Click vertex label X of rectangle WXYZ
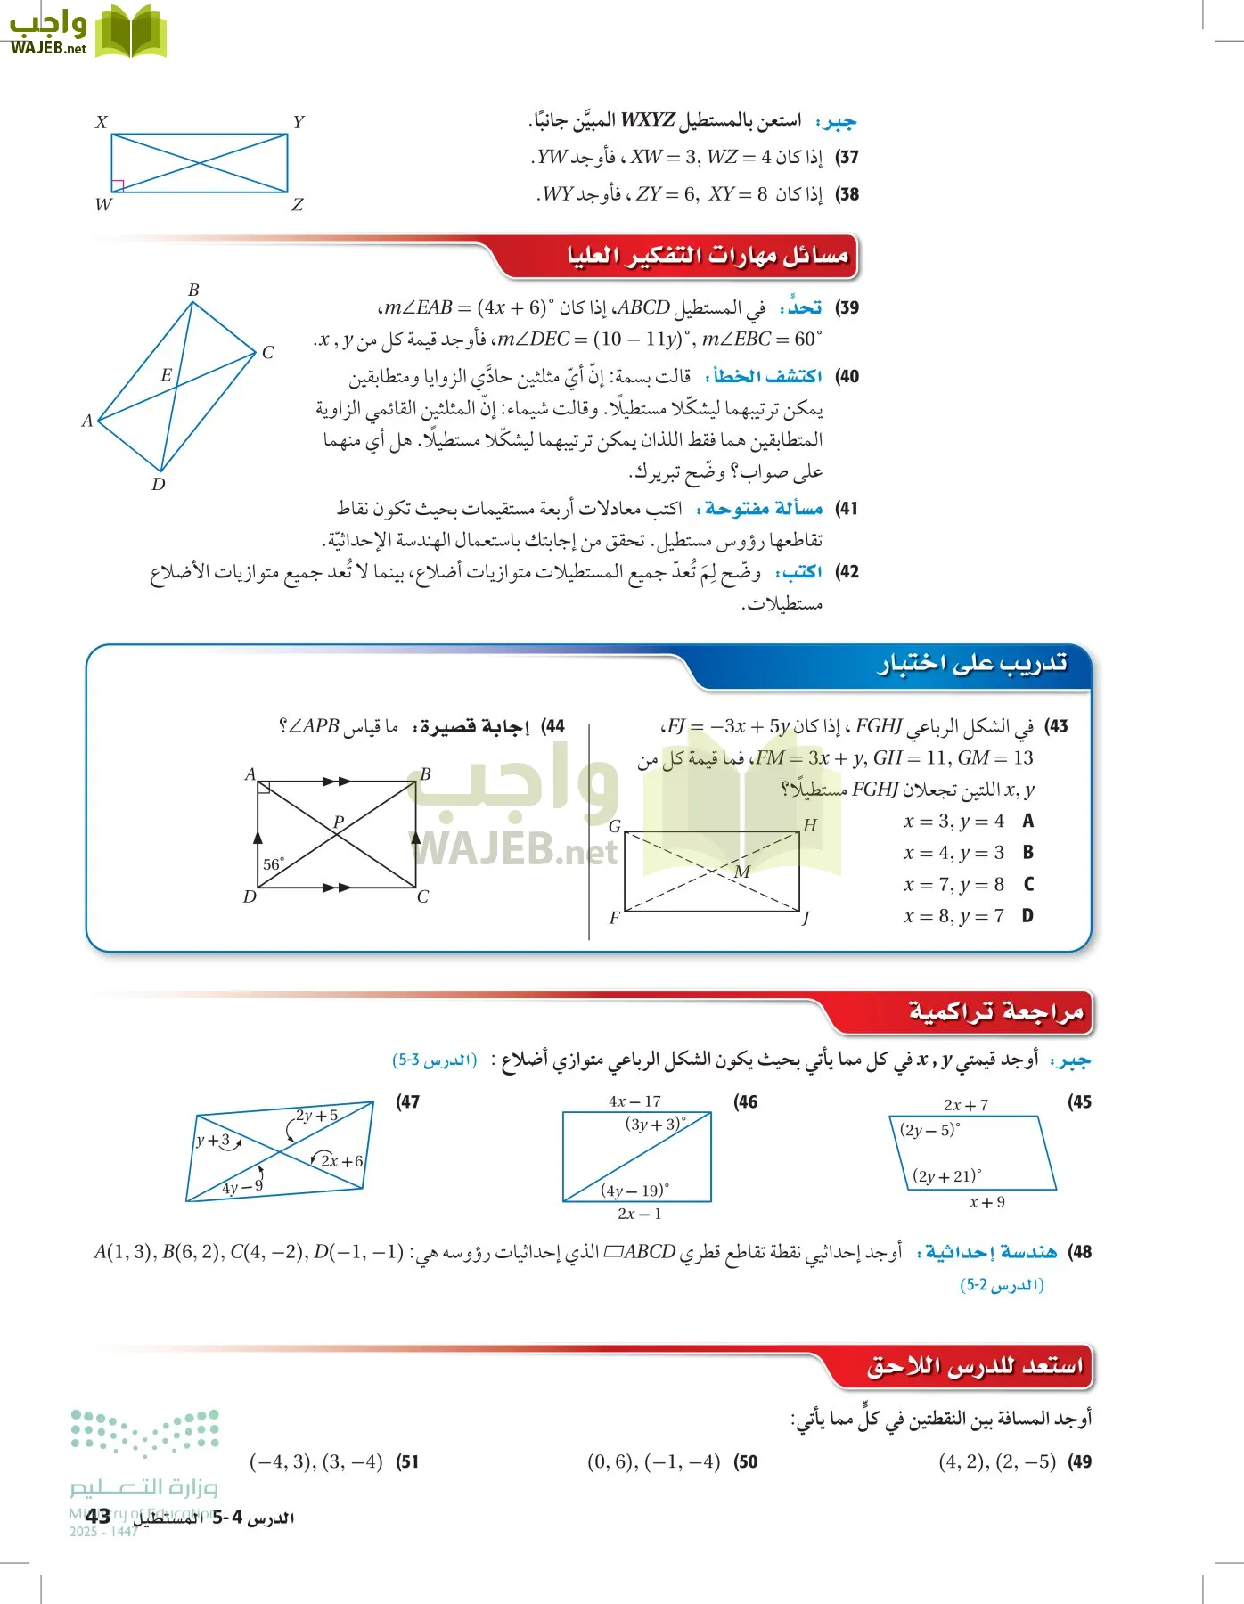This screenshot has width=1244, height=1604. point(102,122)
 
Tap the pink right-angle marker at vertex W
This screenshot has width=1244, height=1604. point(118,185)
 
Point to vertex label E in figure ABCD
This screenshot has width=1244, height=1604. point(166,375)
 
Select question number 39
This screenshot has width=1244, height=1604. point(847,308)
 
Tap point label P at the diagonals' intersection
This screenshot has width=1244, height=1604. point(339,822)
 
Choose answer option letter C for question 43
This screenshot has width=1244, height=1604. point(1028,884)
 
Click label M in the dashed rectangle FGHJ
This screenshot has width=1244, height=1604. point(742,872)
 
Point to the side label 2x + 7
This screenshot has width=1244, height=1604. point(966,1105)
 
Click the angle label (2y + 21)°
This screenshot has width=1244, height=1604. point(946,1176)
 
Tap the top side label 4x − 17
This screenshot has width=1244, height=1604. point(634,1101)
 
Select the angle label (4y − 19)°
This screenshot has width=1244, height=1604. point(634,1191)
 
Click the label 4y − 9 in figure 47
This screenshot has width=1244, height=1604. point(242,1187)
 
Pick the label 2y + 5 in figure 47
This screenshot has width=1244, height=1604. point(317,1116)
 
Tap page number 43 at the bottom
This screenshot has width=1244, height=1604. point(98,1516)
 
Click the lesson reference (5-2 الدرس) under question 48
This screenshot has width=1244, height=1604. point(1002,1285)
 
